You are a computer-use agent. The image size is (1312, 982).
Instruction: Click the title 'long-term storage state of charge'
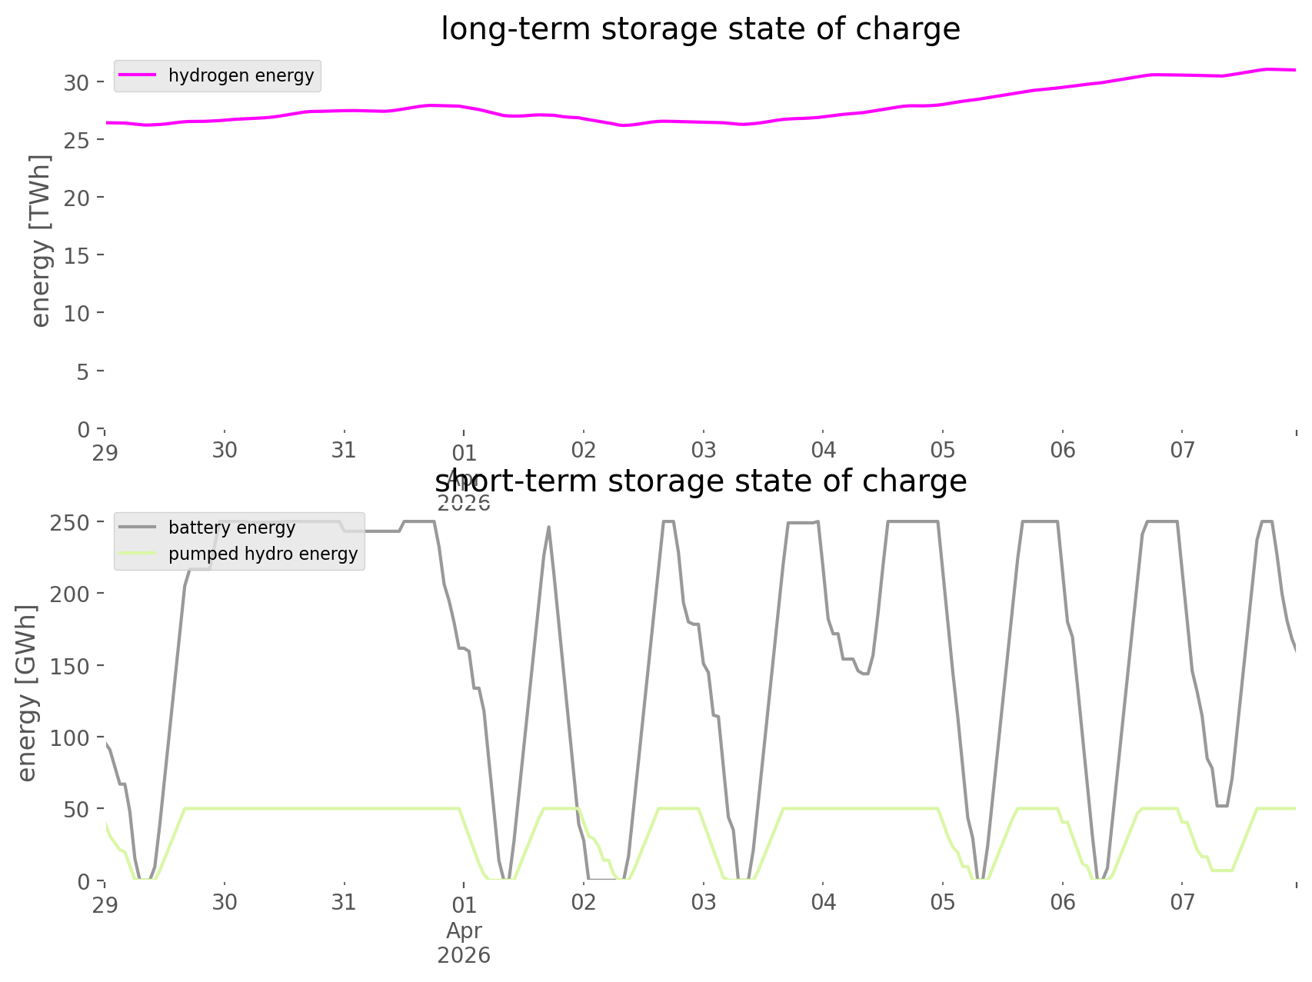click(700, 29)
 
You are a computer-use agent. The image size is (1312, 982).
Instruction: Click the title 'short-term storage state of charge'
click(700, 481)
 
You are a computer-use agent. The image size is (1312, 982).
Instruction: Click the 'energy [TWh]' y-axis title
click(41, 241)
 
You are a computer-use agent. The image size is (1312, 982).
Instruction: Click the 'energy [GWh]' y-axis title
click(27, 694)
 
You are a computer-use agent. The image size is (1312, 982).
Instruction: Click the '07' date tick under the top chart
click(1182, 451)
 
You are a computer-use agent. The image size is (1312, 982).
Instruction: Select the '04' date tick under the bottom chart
click(823, 902)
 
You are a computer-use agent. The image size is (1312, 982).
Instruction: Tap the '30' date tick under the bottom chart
click(225, 902)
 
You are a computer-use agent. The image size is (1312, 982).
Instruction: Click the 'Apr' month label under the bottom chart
click(464, 930)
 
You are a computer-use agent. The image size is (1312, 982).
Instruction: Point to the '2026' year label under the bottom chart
click(464, 955)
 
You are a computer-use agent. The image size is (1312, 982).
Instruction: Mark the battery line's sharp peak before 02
click(548, 528)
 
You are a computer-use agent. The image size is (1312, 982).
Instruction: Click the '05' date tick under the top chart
click(943, 451)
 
